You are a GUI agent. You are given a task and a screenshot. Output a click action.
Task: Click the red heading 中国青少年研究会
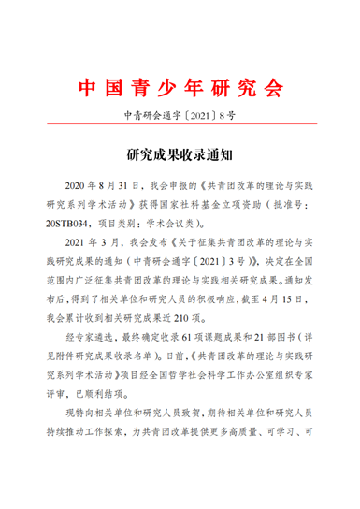click(x=180, y=88)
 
